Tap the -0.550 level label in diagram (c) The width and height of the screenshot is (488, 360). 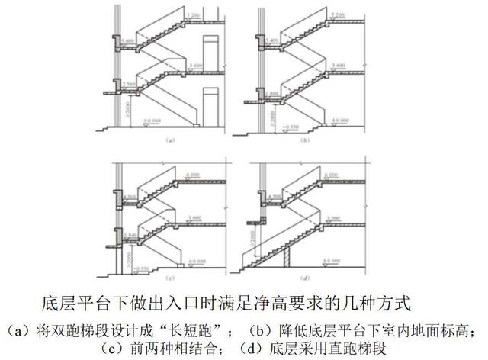click(x=140, y=267)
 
